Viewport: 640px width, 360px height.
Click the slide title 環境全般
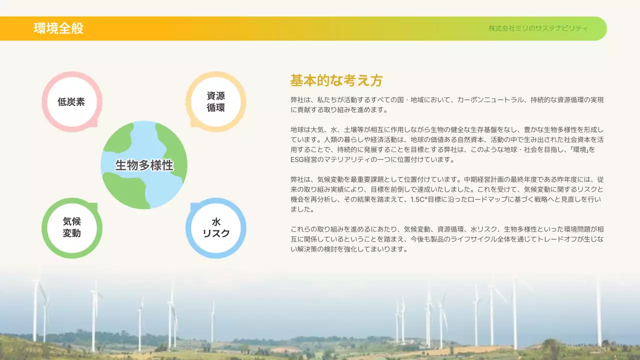coord(58,28)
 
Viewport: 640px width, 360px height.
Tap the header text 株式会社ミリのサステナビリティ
coord(538,28)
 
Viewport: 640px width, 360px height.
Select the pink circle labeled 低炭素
coord(71,102)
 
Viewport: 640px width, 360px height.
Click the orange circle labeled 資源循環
coord(215,102)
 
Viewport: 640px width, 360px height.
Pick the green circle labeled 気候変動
coord(71,228)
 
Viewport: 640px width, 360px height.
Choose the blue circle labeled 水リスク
coord(215,228)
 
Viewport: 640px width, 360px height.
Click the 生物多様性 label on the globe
coord(144,165)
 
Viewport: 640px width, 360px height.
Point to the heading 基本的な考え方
coord(336,80)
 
